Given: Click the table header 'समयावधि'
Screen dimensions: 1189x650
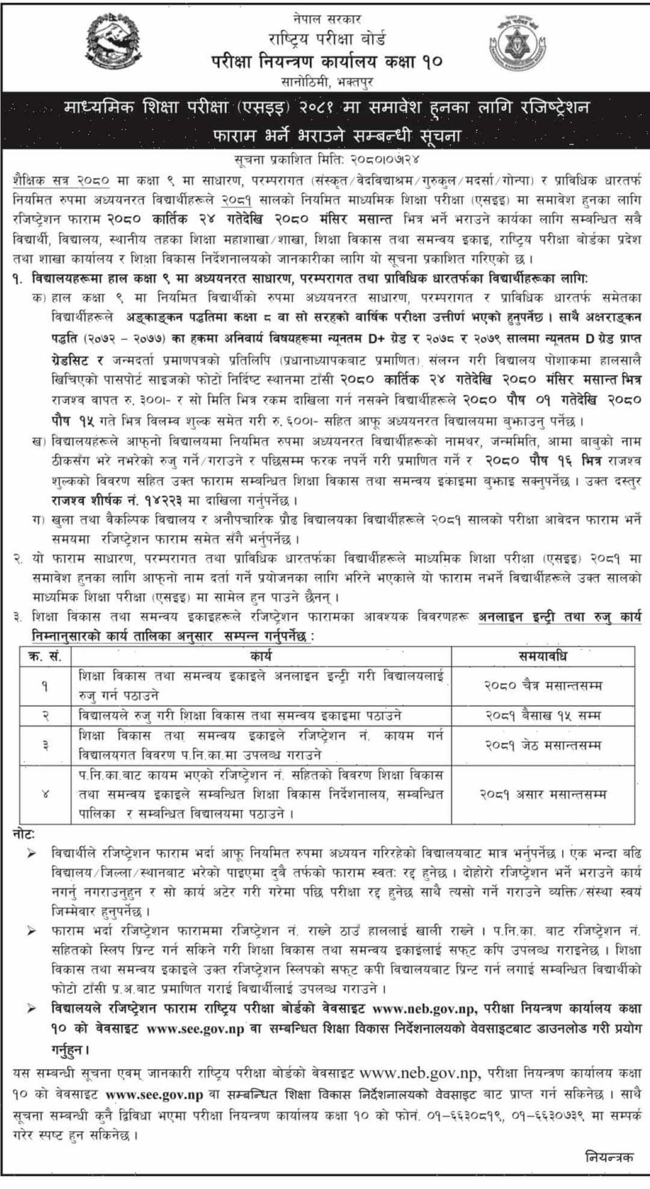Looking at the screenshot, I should [543, 656].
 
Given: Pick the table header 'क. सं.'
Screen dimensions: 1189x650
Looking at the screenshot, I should [45, 656].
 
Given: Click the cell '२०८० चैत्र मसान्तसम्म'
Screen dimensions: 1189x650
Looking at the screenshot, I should [543, 685].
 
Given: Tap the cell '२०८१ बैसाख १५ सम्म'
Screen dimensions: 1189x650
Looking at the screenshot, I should [543, 715].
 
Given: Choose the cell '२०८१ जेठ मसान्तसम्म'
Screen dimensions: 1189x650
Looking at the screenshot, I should [543, 745].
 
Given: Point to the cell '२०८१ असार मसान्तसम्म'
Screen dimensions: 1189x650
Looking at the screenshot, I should [543, 794].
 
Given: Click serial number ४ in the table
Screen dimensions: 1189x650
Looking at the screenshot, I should [45, 794].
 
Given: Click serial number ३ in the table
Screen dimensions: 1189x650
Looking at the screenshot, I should [45, 745].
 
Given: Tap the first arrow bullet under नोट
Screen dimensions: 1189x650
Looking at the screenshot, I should [31, 854].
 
